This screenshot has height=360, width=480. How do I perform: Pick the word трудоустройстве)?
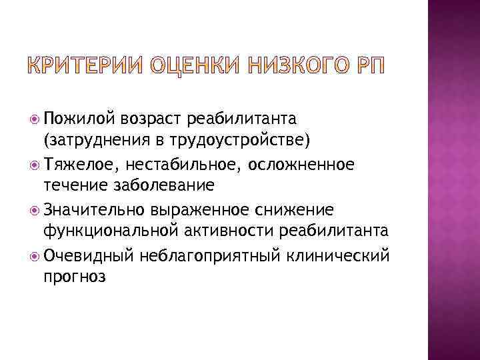point(234,141)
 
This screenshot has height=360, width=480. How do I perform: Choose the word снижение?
point(293,210)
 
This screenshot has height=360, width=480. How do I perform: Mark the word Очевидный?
point(89,255)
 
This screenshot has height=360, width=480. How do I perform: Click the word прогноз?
point(73,278)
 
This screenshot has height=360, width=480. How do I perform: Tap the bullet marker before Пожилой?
point(35,119)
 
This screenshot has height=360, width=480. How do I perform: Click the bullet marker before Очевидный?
point(35,256)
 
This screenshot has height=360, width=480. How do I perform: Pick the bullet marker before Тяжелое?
point(35,165)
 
